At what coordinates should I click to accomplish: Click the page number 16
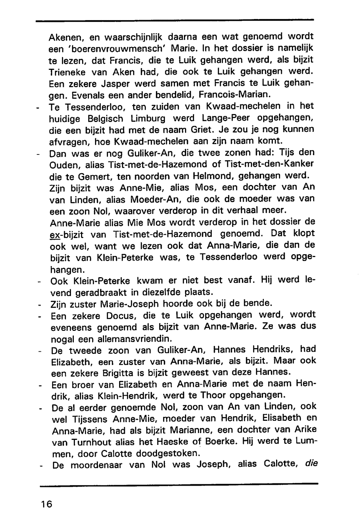click(46, 504)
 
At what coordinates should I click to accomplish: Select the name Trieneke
click(67, 72)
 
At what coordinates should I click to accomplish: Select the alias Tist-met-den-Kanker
click(269, 164)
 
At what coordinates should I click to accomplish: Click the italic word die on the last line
click(311, 464)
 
